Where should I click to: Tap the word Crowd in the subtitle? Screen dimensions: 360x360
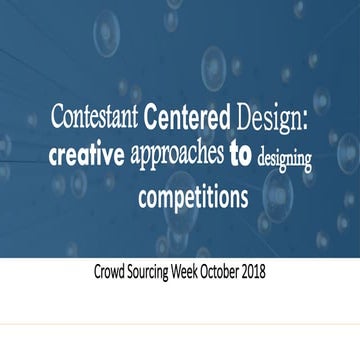pos(111,272)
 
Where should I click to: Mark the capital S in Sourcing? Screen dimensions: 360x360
pos(139,272)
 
